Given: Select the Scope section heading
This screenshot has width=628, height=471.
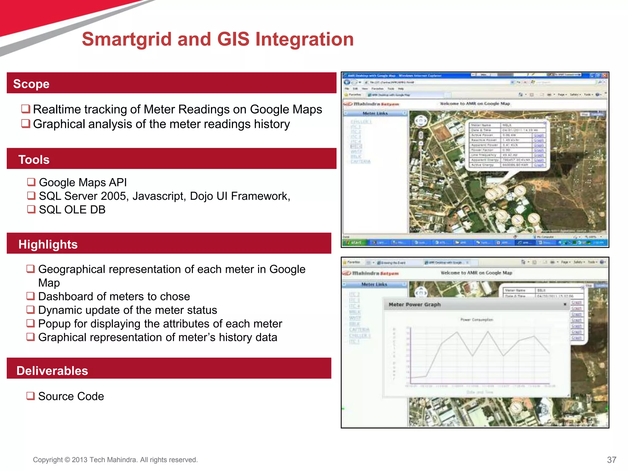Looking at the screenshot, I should pyautogui.click(x=31, y=84).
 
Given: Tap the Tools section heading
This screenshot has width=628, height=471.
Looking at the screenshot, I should pyautogui.click(x=34, y=160).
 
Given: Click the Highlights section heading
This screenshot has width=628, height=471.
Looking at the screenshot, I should pyautogui.click(x=48, y=244).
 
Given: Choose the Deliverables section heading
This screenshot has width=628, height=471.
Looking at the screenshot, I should pyautogui.click(x=52, y=371).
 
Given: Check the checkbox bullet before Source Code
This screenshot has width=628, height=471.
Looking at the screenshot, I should pyautogui.click(x=30, y=396).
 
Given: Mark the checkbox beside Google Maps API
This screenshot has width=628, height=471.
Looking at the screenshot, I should pyautogui.click(x=31, y=182).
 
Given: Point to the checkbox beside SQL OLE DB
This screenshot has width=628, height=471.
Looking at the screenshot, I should pyautogui.click(x=31, y=209).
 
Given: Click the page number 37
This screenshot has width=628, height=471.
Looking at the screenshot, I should pyautogui.click(x=611, y=460).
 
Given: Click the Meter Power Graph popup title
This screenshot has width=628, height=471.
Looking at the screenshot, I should pyautogui.click(x=415, y=304).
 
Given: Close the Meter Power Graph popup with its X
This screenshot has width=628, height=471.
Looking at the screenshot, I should pyautogui.click(x=565, y=304).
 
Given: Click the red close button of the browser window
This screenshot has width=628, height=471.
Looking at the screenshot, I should pyautogui.click(x=604, y=75).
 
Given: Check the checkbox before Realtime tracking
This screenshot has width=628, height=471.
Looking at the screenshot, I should pyautogui.click(x=25, y=109).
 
